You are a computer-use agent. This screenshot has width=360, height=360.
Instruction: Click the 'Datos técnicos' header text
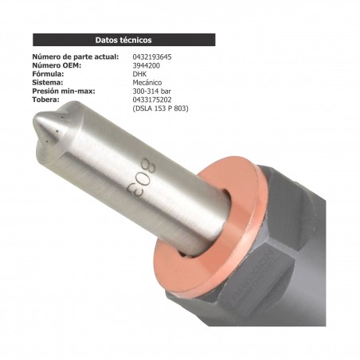tap(123, 39)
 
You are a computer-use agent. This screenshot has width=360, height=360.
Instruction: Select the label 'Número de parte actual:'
tap(74, 57)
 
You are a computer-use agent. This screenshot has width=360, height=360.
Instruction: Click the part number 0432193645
tap(158, 57)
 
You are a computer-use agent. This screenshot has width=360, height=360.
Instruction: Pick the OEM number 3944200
tap(147, 65)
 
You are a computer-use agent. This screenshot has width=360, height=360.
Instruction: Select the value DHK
tap(139, 74)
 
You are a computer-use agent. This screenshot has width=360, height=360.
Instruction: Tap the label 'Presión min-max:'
tap(64, 91)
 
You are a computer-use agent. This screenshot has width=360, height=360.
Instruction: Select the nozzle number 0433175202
tap(158, 99)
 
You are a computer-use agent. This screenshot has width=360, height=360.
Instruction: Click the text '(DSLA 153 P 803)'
tap(163, 108)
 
